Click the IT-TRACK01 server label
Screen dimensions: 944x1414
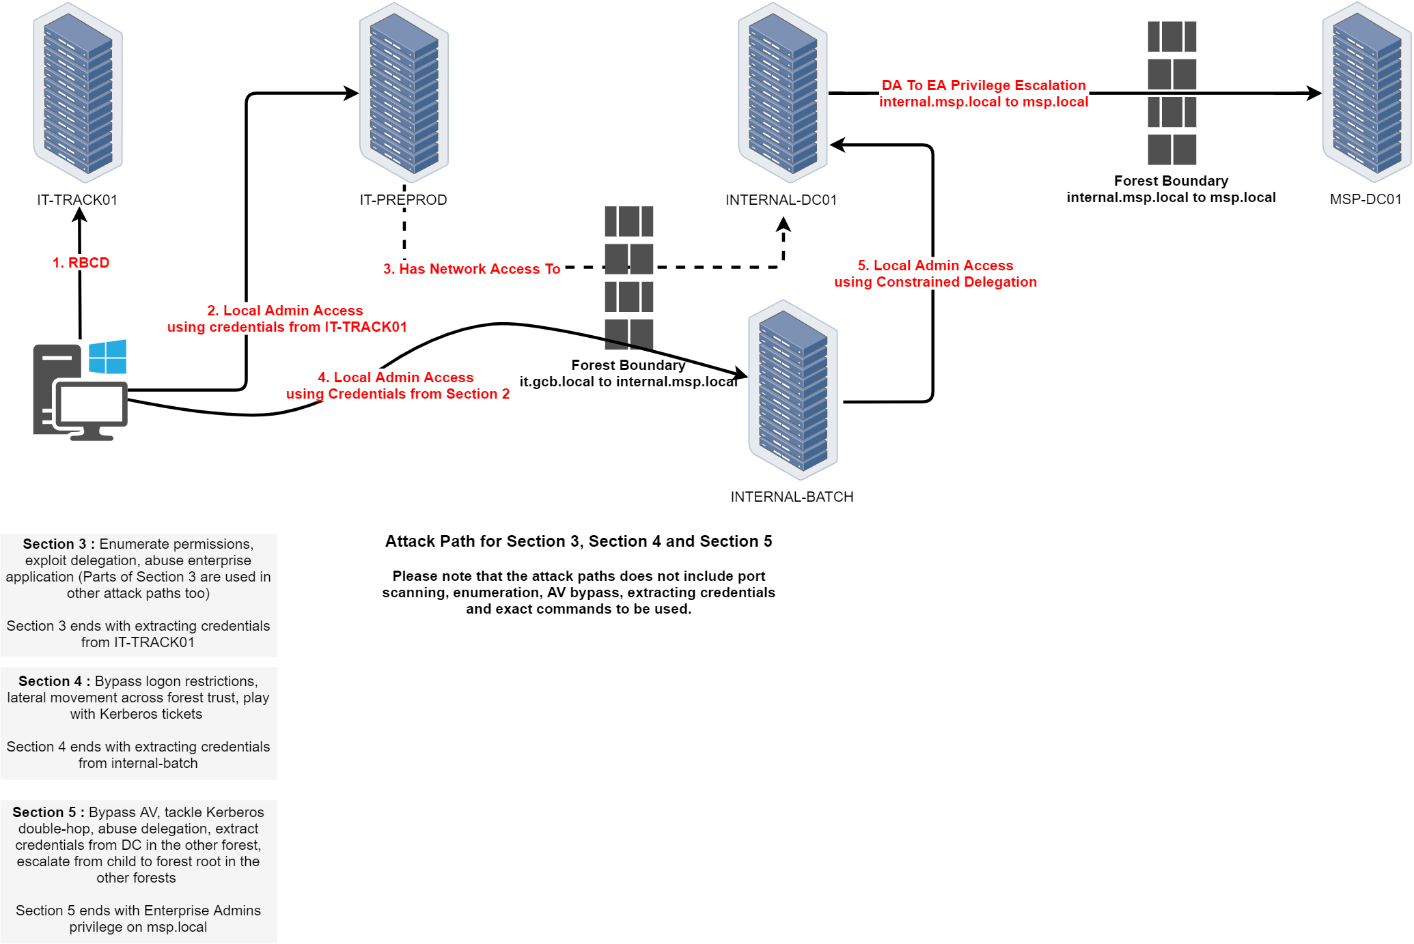(77, 200)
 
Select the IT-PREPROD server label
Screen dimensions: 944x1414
(403, 200)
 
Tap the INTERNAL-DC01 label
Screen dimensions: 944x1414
(781, 200)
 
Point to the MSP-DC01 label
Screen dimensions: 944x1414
(1366, 199)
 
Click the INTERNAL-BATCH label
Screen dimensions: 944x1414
(792, 497)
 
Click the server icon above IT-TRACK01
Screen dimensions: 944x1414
(78, 93)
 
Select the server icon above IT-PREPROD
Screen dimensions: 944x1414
(404, 93)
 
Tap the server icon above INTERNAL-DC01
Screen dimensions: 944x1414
(783, 93)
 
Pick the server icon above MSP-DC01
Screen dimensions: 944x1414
(1367, 93)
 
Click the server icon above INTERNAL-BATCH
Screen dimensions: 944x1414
(793, 390)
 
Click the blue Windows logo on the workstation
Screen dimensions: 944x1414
(108, 357)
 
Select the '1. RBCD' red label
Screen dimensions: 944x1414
(81, 263)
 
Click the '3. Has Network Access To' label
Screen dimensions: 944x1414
(471, 269)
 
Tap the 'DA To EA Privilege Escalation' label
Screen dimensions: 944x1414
(984, 85)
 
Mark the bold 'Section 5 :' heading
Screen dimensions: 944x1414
(48, 812)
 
